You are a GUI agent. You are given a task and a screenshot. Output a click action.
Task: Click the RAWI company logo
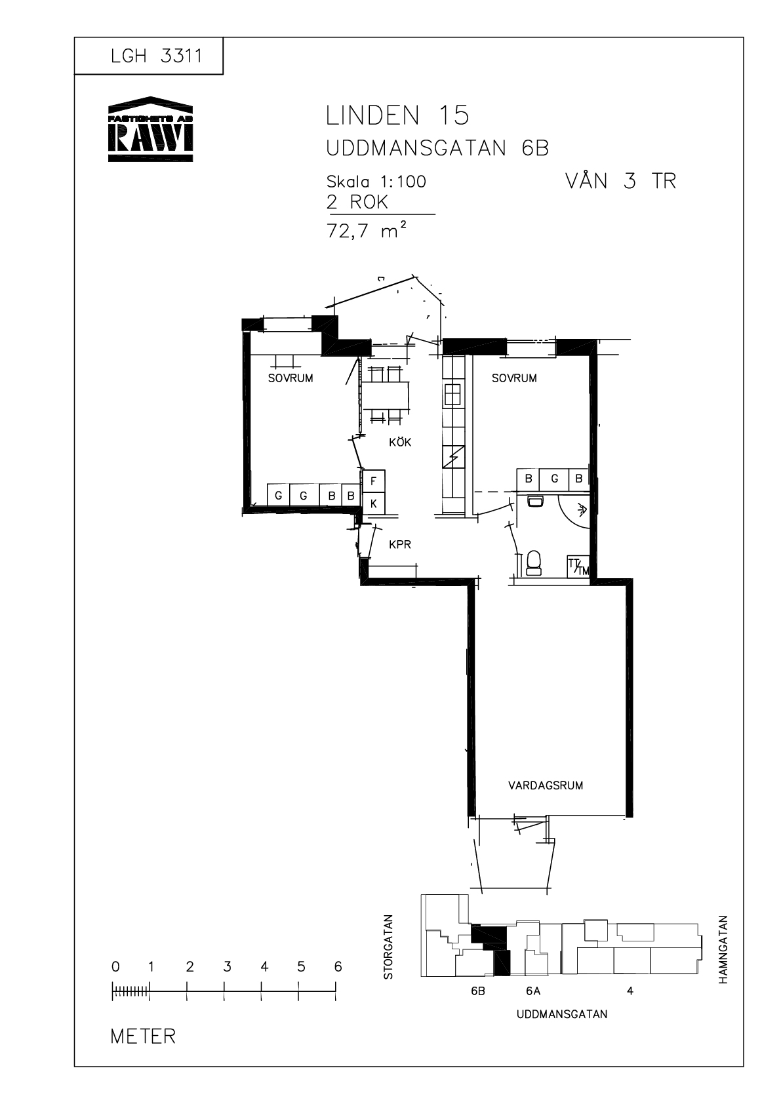[150, 128]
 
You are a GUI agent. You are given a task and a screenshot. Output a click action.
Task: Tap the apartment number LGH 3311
[156, 56]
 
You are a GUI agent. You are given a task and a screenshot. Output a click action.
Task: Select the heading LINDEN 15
[397, 116]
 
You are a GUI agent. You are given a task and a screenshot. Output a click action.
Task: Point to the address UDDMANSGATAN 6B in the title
[437, 148]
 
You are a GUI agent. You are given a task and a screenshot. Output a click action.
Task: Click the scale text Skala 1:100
[376, 182]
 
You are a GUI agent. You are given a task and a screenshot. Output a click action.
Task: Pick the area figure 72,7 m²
[367, 230]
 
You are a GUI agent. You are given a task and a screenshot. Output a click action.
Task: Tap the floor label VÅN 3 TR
[620, 181]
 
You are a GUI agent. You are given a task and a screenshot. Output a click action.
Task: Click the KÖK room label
[400, 442]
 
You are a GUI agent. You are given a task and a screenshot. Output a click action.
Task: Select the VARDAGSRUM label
[546, 785]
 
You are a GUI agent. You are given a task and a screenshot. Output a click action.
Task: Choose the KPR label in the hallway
[400, 545]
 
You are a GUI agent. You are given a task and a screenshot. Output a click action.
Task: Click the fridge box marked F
[373, 481]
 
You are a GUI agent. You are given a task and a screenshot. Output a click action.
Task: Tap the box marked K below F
[373, 503]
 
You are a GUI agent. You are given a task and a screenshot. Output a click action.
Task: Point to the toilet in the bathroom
[534, 563]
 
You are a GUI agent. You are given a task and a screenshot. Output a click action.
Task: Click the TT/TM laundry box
[578, 567]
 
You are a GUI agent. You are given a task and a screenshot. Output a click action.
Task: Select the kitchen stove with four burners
[452, 394]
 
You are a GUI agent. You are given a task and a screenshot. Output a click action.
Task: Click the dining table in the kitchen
[385, 396]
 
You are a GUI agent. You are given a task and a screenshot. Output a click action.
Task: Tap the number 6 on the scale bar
[338, 966]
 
